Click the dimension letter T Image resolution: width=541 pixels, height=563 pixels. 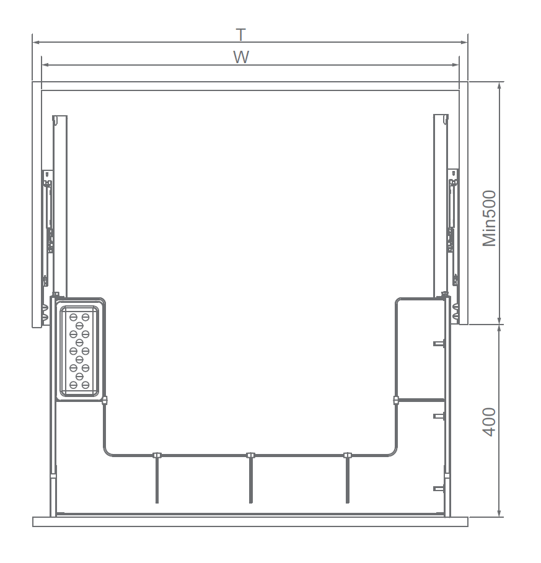(241, 35)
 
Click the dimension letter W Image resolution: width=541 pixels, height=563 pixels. (241, 57)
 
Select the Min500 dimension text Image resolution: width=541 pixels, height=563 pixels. (489, 218)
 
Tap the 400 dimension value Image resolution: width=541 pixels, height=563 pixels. (489, 422)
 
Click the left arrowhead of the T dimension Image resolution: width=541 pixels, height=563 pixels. (36, 42)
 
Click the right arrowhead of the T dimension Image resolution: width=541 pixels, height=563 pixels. (464, 42)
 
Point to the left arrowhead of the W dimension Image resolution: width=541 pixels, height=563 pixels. (45, 65)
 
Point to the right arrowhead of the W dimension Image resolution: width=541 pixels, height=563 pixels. (455, 65)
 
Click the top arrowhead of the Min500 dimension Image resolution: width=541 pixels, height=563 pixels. (499, 86)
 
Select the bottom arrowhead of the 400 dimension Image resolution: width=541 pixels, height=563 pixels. (499, 513)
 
